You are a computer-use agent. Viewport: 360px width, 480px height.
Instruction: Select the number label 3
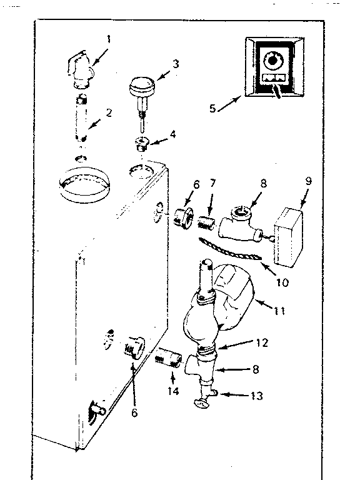pos(176,64)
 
